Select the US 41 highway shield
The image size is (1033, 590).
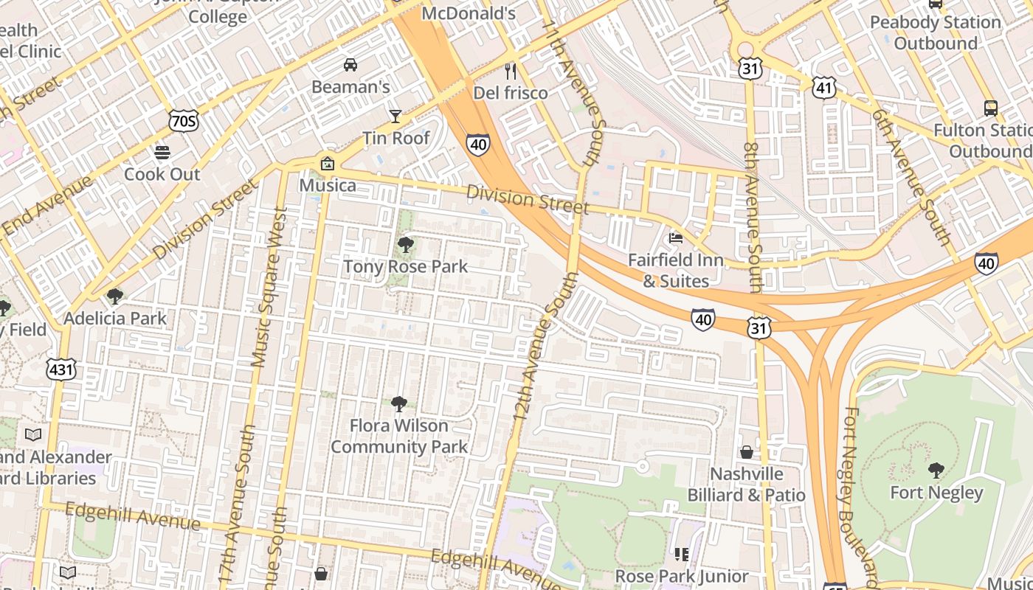823,88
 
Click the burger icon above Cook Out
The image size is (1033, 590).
162,153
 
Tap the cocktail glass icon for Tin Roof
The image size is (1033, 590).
395,116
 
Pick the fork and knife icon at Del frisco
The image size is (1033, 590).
510,71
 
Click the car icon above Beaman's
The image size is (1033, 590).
350,65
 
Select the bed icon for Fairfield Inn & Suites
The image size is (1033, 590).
675,237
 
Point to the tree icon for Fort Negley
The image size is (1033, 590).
936,470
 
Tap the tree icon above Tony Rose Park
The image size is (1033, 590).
405,245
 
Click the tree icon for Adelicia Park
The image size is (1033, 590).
114,296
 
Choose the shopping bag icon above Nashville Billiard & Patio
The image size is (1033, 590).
747,451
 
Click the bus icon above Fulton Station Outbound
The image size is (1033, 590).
991,108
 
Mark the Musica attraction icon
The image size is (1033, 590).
327,164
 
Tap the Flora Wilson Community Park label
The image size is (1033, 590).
399,436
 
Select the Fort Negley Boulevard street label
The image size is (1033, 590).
860,494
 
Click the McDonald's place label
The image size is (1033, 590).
468,13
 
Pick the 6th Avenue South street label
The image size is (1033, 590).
911,177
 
